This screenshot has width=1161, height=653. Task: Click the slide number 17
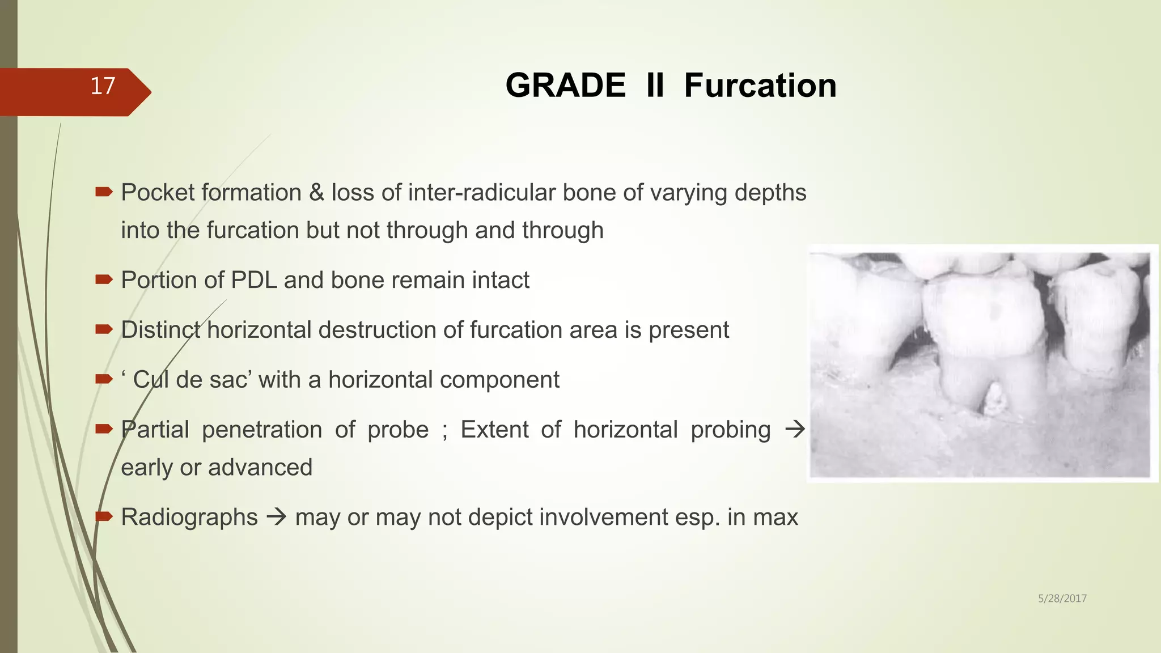pyautogui.click(x=103, y=86)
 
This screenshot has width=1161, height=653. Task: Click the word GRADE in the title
pyautogui.click(x=565, y=86)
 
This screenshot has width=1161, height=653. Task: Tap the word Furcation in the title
pyautogui.click(x=760, y=86)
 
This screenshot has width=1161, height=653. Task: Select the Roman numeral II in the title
pyautogui.click(x=655, y=86)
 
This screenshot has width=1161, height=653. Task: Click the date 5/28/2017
pyautogui.click(x=1062, y=599)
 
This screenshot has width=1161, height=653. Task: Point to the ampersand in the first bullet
pyautogui.click(x=316, y=193)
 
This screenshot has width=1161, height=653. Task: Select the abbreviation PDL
pyautogui.click(x=253, y=280)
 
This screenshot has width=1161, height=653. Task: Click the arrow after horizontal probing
pyautogui.click(x=795, y=430)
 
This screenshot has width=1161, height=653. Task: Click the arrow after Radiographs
pyautogui.click(x=277, y=518)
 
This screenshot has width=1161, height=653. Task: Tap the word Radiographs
pyautogui.click(x=189, y=518)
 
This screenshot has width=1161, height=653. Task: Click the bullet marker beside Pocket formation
pyautogui.click(x=104, y=193)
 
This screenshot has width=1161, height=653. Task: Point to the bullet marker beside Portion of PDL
pyautogui.click(x=104, y=279)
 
